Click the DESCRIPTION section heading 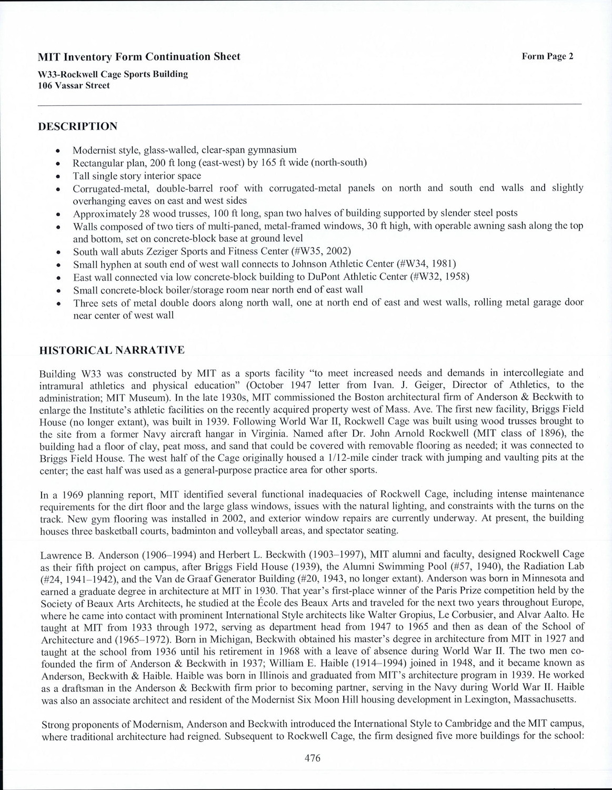pos(78,126)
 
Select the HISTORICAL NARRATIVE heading pos(112,350)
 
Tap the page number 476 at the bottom pos(313,758)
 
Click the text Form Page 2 pos(547,57)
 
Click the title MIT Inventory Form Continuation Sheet pos(139,57)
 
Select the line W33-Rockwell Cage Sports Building pos(113,74)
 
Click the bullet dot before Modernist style pos(64,150)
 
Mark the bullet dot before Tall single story pos(64,176)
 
